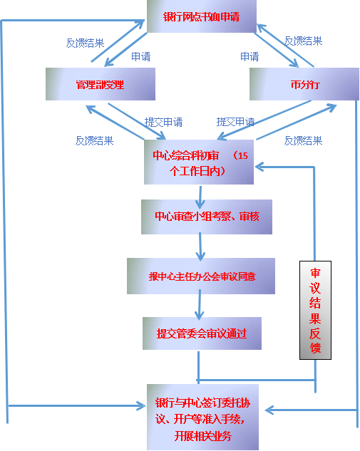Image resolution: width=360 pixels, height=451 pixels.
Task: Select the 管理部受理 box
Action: (100, 85)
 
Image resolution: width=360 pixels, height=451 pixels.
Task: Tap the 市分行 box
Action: (304, 85)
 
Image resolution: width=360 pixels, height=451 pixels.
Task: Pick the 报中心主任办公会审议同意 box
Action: (200, 276)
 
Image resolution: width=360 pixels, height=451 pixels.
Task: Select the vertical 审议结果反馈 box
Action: (315, 310)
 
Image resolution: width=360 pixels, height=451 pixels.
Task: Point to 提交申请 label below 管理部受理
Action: (163, 122)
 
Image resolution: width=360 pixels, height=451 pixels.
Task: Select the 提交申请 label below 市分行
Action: (235, 122)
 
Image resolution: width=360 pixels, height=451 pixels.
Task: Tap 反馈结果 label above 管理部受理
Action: (85, 43)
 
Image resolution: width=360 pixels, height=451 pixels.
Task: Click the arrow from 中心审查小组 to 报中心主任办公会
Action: (201, 247)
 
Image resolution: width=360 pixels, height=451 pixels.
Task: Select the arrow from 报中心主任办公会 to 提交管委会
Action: (201, 306)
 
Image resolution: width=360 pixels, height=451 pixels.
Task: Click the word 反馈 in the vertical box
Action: (315, 340)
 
